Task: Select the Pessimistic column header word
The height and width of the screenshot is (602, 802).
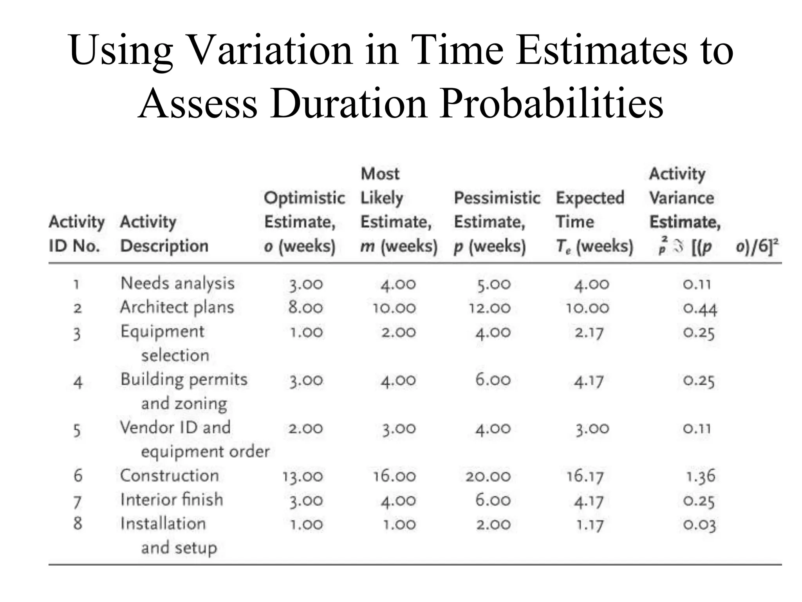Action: [x=497, y=198]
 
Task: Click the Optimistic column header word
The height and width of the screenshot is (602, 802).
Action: [x=304, y=198]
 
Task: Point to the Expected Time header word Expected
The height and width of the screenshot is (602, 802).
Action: [x=590, y=198]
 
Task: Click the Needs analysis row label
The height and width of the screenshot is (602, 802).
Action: [x=177, y=283]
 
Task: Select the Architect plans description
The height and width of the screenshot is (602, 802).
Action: [x=177, y=307]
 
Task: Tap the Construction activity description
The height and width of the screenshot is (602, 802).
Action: [x=169, y=476]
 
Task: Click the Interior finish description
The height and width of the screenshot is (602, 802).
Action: [x=172, y=500]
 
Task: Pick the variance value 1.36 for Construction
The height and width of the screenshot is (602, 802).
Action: [x=701, y=477]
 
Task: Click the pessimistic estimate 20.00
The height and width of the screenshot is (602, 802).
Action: [x=488, y=477]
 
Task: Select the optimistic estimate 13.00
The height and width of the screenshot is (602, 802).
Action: [x=303, y=477]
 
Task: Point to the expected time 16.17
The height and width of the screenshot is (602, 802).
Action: [x=585, y=477]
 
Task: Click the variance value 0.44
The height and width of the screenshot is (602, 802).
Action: [x=700, y=309]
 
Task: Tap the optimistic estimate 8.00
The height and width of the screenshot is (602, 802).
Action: [x=305, y=308]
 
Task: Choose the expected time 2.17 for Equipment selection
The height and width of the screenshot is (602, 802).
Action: [x=589, y=333]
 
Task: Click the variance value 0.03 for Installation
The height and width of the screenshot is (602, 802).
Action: [x=699, y=525]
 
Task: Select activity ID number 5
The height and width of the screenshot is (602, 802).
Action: [x=77, y=430]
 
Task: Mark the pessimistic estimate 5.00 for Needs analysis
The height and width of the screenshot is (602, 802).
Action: [x=493, y=285]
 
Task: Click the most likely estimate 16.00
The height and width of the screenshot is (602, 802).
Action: [x=394, y=477]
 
